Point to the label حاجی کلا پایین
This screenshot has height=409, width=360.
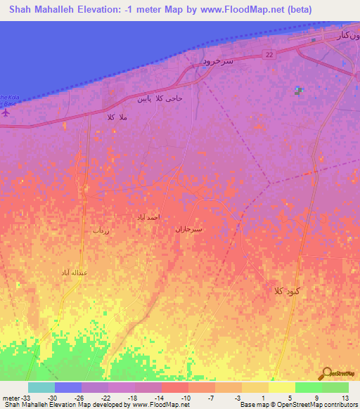coord(161,98)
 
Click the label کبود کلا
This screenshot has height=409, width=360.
coord(289,290)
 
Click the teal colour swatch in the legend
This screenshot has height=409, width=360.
coord(41,387)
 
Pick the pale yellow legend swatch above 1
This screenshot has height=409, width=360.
coord(255,387)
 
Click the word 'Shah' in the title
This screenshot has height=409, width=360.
coord(22,9)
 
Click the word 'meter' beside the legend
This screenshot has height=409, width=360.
coord(10,398)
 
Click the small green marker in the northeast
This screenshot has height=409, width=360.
coord(298,90)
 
